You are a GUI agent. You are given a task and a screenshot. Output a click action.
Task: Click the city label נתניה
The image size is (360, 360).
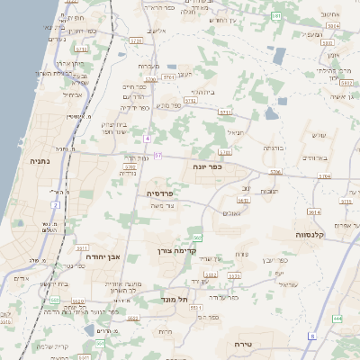(39, 162)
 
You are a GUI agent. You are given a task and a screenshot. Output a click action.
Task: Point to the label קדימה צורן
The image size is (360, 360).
(176, 251)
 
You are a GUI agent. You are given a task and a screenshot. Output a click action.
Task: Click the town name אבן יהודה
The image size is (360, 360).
(103, 256)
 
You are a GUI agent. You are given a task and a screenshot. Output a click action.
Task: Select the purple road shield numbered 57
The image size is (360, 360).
(158, 156)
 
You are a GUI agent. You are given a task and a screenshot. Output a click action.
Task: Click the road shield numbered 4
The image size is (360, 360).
(147, 139)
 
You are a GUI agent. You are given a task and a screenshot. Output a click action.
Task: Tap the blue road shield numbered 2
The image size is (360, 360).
(55, 206)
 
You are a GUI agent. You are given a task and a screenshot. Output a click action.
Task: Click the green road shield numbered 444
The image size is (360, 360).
(337, 319)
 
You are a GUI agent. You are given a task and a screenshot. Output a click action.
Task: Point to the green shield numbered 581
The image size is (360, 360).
(275, 16)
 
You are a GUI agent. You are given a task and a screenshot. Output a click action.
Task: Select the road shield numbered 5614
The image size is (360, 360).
(313, 211)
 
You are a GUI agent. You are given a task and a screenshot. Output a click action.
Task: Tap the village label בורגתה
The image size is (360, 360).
(274, 147)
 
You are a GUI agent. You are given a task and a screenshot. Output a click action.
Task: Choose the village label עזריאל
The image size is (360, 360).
(286, 284)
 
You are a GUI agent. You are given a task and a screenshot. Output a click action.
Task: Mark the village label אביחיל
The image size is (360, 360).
(73, 94)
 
